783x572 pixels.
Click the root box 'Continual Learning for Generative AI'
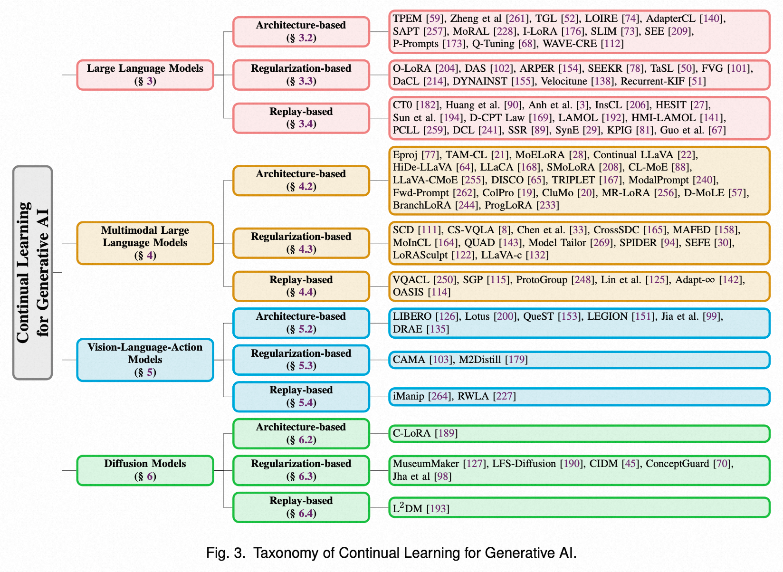(x=32, y=272)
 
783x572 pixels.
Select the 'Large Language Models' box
(x=145, y=75)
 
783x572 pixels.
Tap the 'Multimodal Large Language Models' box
(x=145, y=243)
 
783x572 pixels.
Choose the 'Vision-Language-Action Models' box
(x=145, y=360)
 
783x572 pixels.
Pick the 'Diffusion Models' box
(x=145, y=470)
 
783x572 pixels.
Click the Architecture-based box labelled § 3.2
(x=301, y=31)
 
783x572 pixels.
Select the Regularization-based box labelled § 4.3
(x=301, y=243)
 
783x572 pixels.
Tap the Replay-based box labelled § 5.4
(x=301, y=396)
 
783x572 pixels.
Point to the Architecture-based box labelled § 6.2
(x=301, y=433)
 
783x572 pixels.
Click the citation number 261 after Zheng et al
(x=517, y=19)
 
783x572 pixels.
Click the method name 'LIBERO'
(x=412, y=316)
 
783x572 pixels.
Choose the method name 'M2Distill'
(x=479, y=360)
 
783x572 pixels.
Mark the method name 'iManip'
(x=408, y=396)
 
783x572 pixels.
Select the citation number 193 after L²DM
(x=438, y=509)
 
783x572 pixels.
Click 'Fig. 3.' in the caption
(x=226, y=553)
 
